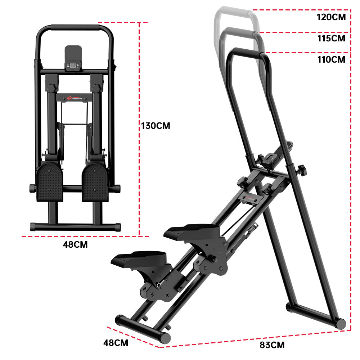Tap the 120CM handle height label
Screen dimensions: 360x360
pos(331,17)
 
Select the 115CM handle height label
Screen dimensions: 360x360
pos(331,38)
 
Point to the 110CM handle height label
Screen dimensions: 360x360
pos(331,59)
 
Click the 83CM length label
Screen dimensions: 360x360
pos(272,345)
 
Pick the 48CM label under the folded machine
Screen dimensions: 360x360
pos(75,244)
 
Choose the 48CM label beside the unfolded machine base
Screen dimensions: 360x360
pos(116,343)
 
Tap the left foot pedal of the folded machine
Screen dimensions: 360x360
pos(50,182)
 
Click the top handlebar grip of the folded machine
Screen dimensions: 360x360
pos(75,27)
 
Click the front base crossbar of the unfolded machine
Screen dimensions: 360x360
pos(142,328)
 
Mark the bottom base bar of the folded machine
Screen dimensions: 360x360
pos(75,227)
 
